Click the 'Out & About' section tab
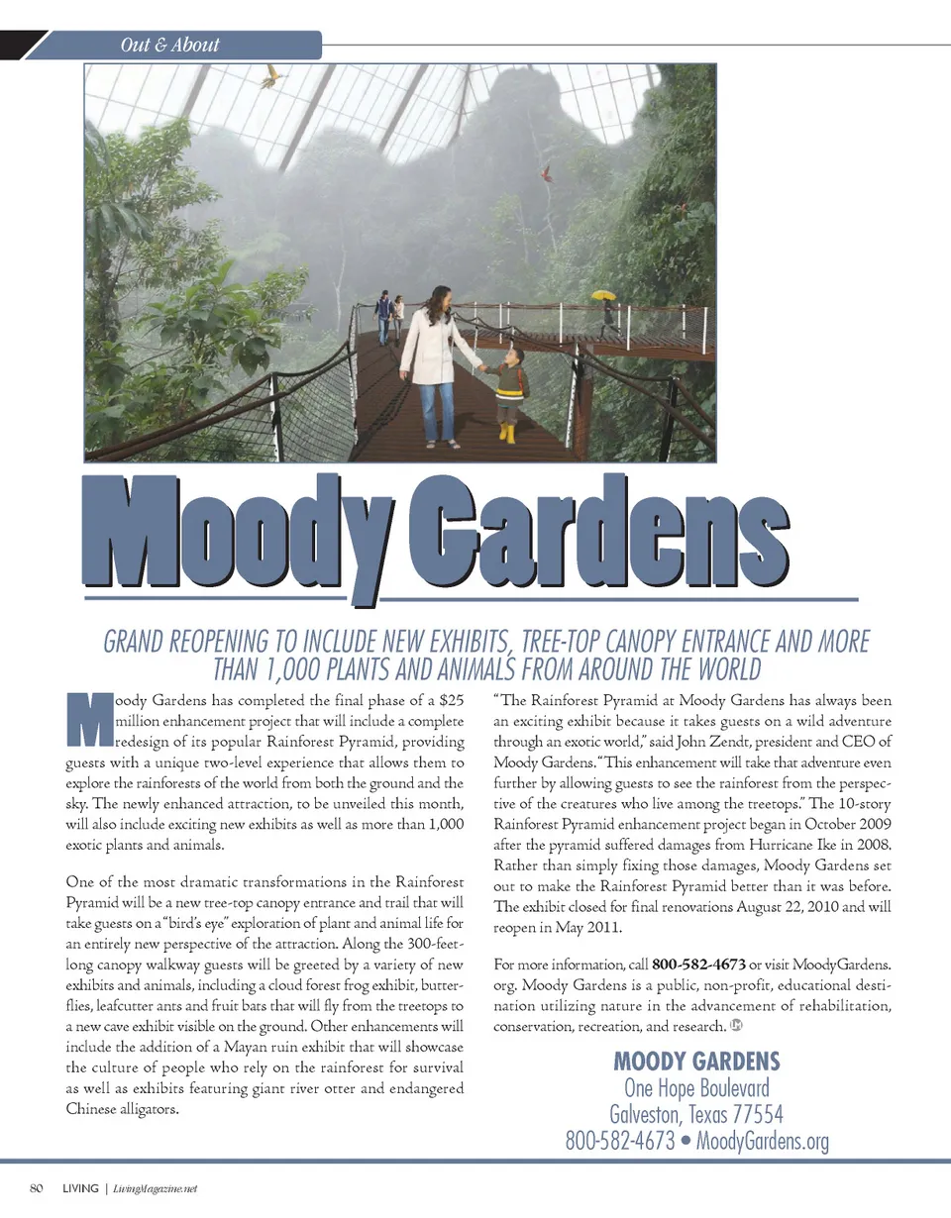point(169,45)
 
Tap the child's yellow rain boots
point(508,433)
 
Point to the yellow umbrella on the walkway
point(603,295)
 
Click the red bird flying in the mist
point(545,174)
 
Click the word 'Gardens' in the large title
point(597,536)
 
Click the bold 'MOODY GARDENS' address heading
point(696,1062)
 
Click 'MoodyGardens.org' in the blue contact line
point(763,1141)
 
